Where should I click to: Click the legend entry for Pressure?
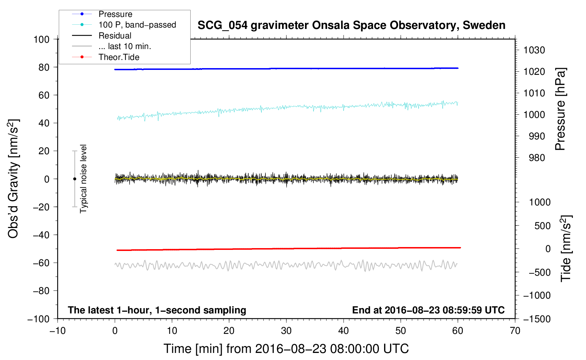click(115, 14)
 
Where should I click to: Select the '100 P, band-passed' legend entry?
click(137, 25)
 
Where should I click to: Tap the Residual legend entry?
click(115, 36)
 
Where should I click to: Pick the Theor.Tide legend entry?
click(119, 57)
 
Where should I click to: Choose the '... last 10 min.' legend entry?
click(125, 47)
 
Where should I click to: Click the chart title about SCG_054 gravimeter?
click(351, 25)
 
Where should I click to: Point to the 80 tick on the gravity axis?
click(44, 67)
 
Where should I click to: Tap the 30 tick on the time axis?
click(286, 331)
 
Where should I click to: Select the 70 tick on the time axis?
click(515, 331)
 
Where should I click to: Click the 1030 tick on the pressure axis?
click(534, 50)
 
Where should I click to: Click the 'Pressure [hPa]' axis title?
click(560, 109)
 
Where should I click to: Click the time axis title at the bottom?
click(286, 349)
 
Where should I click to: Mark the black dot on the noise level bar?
click(74, 179)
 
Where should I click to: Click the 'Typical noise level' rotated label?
click(83, 179)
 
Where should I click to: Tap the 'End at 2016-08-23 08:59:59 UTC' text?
click(428, 310)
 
